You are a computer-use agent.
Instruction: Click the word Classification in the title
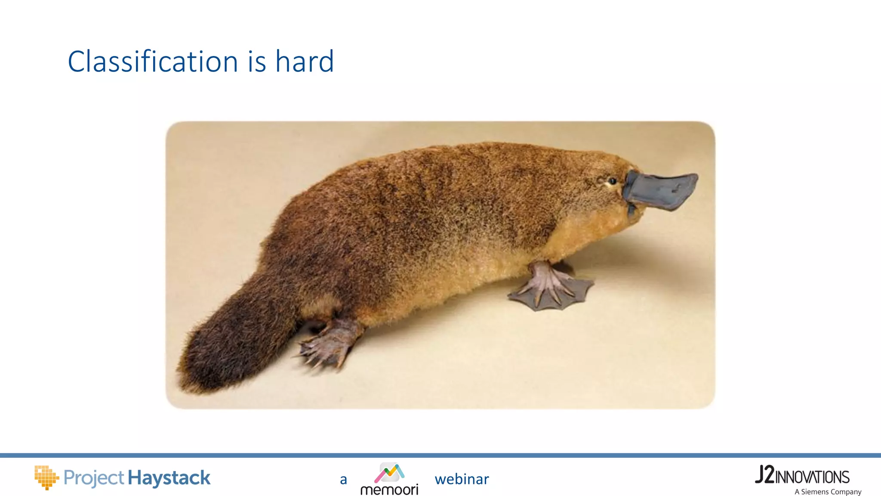153,62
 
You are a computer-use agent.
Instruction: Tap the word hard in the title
305,62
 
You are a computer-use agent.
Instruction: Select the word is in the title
257,62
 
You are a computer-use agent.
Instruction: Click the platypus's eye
612,181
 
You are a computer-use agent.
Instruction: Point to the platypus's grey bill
662,190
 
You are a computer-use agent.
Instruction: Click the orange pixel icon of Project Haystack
46,477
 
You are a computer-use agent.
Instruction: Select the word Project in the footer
94,478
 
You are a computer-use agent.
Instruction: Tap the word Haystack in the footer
169,478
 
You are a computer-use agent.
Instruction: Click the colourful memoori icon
389,473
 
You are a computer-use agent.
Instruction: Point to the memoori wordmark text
389,490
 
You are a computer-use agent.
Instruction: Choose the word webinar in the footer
462,479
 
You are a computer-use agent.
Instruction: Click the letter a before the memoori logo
343,480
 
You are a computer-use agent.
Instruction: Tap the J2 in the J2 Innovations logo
764,475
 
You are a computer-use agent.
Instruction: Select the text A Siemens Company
828,492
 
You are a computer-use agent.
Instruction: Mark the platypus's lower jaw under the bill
631,210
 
